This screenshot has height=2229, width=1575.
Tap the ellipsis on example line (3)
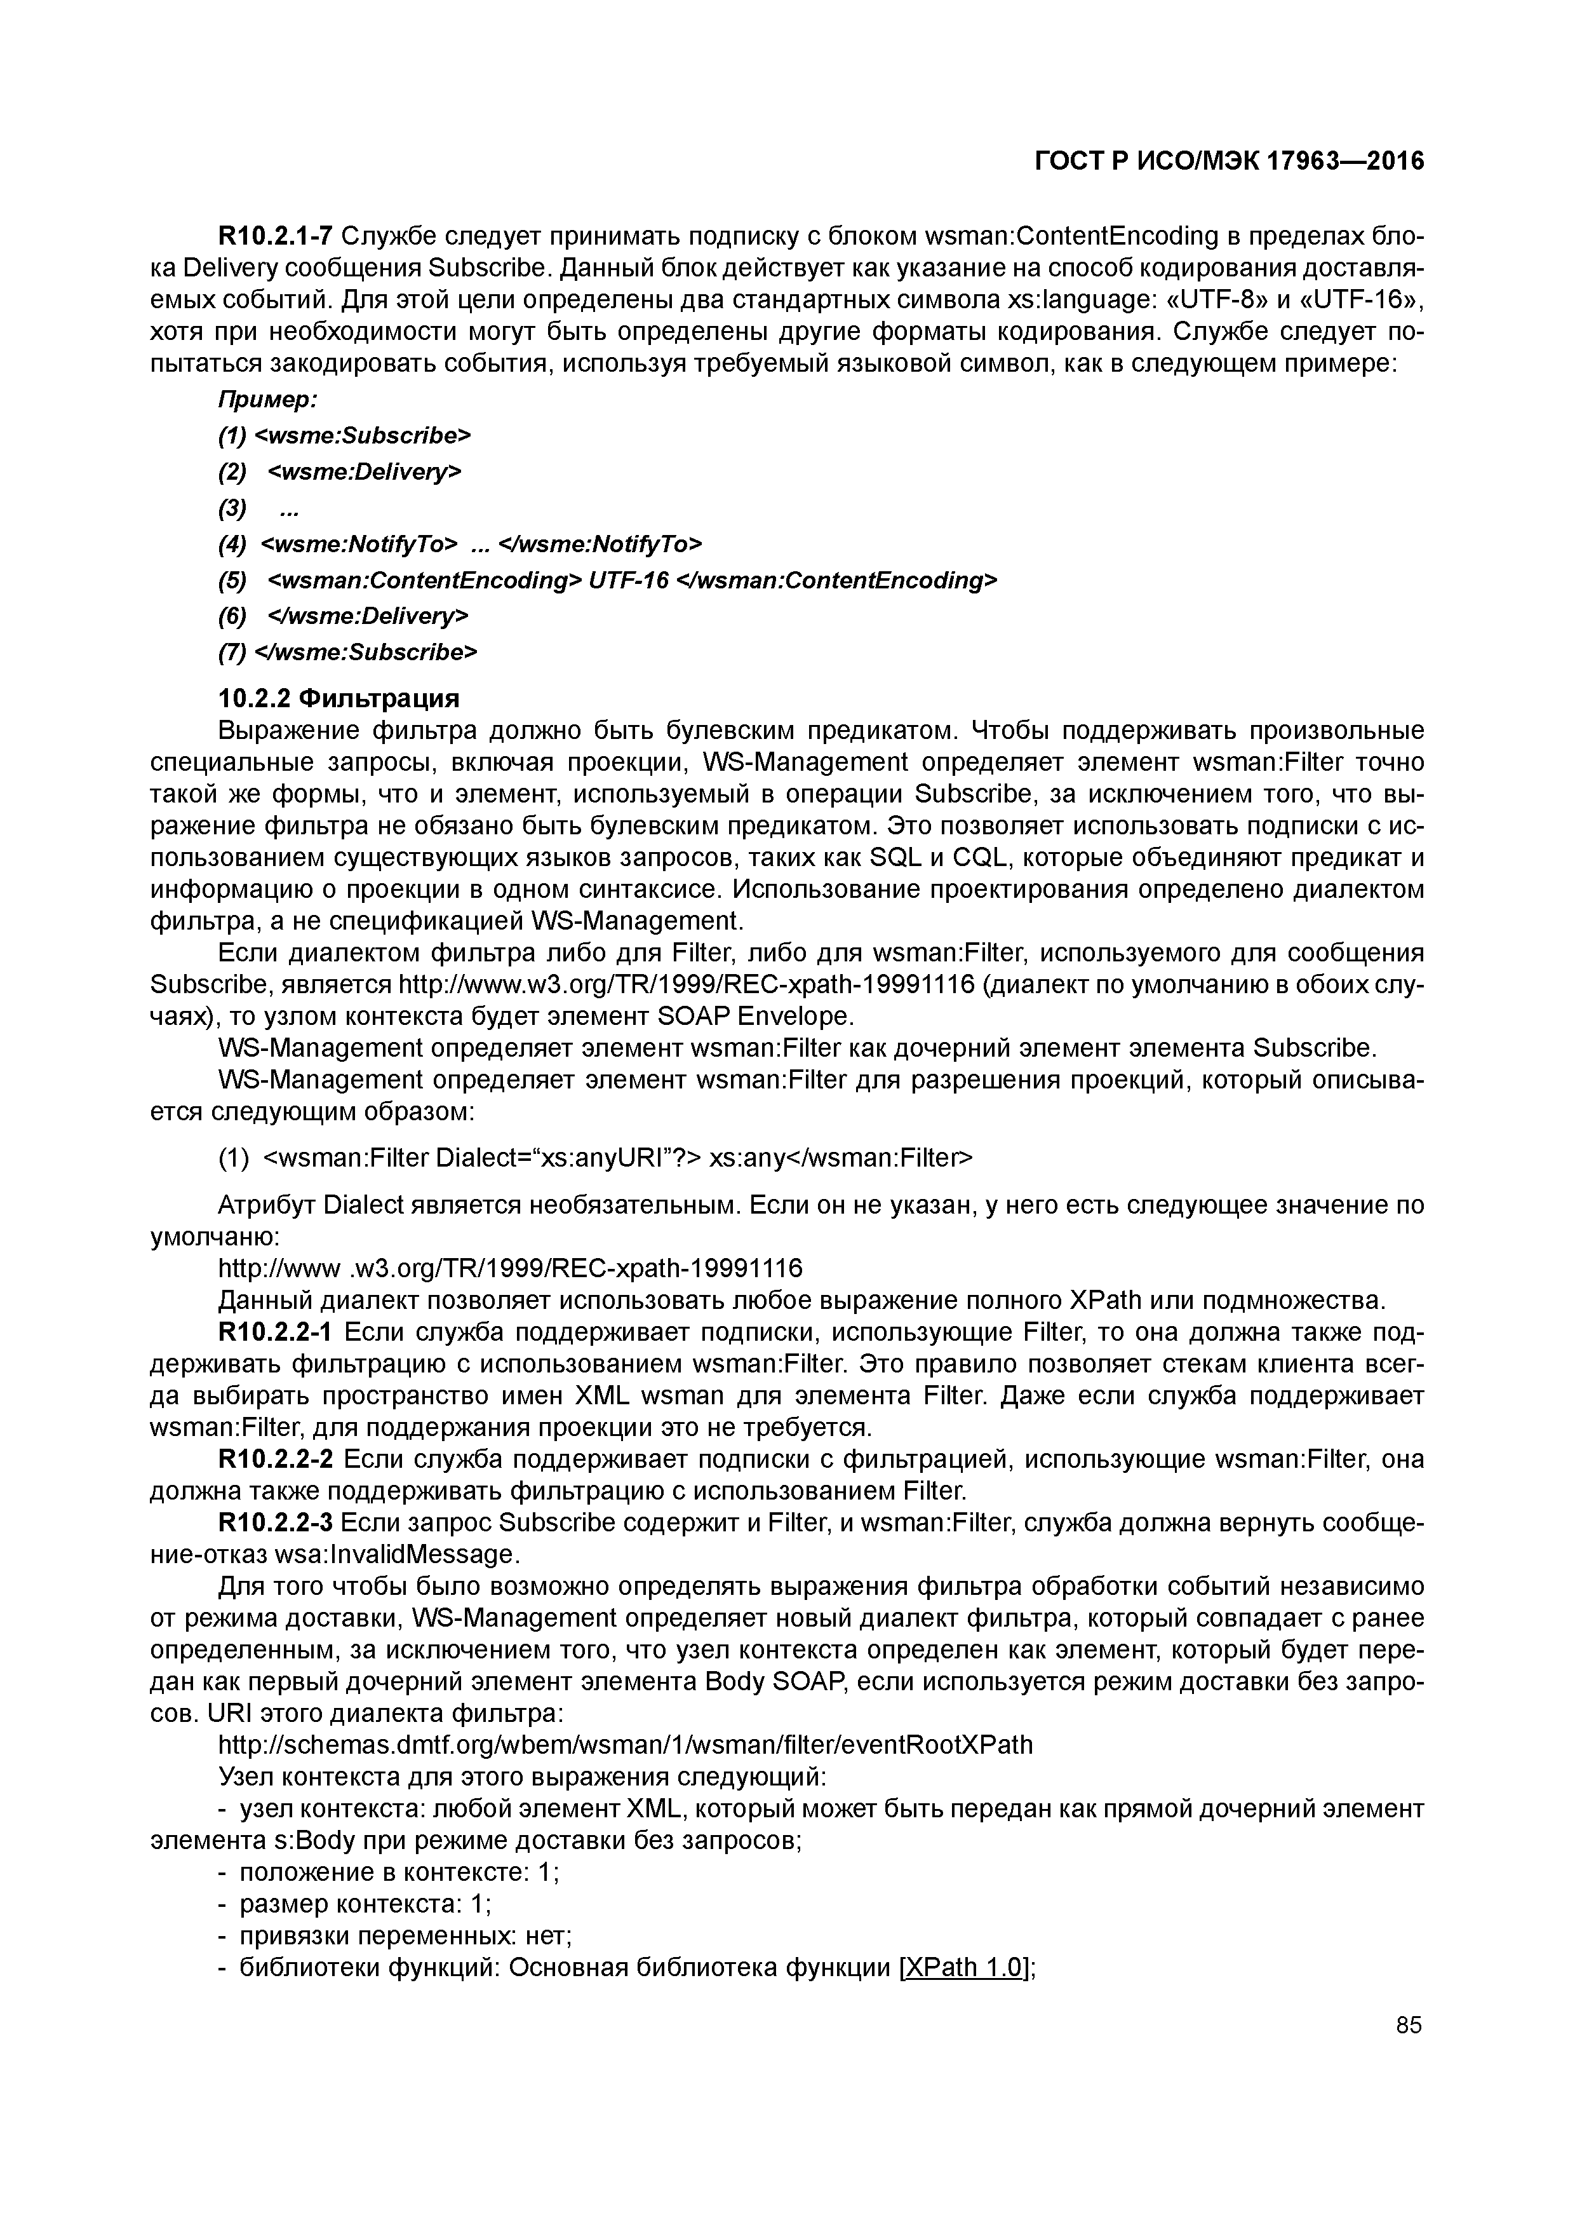288,508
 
